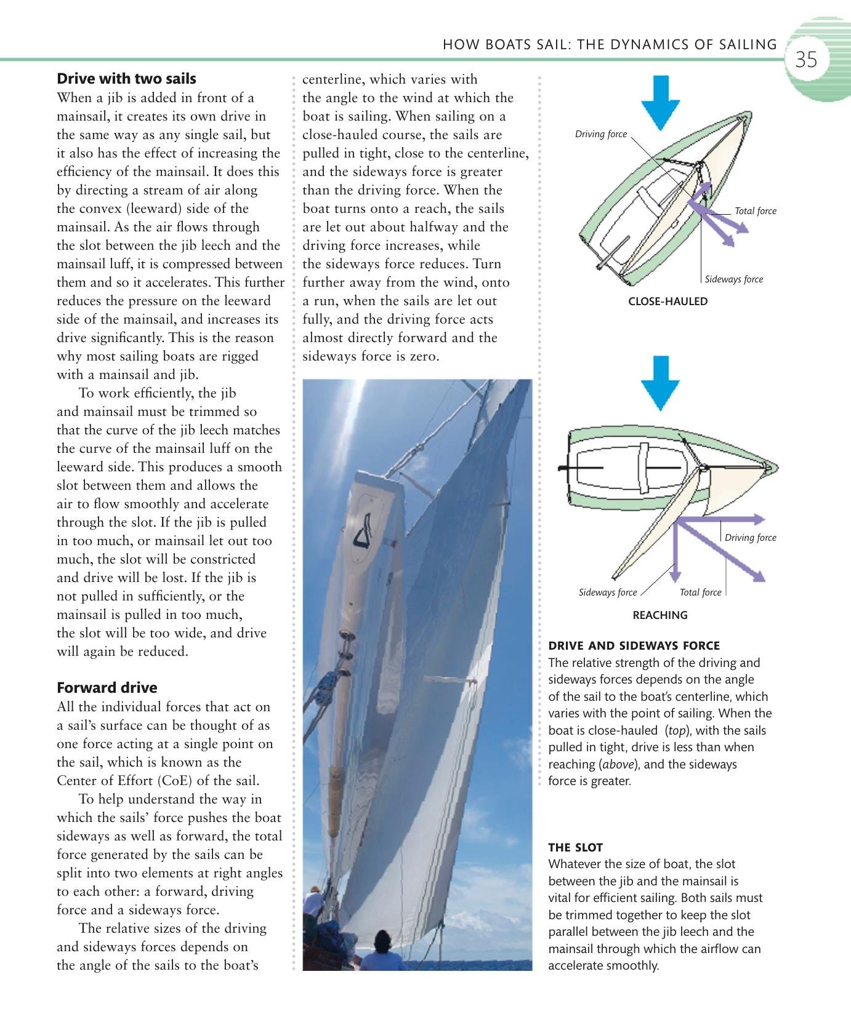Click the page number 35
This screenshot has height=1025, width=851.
pyautogui.click(x=806, y=60)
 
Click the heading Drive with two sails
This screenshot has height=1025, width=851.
pyautogui.click(x=126, y=79)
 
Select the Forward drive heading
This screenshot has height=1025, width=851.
pyautogui.click(x=107, y=687)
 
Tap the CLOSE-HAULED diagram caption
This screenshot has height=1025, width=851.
pyautogui.click(x=667, y=301)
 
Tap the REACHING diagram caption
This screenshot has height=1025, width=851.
pyautogui.click(x=659, y=615)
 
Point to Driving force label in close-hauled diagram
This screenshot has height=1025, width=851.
pyautogui.click(x=600, y=134)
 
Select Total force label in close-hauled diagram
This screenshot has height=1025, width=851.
pyautogui.click(x=755, y=211)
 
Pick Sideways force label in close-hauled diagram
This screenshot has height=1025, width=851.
pyautogui.click(x=733, y=279)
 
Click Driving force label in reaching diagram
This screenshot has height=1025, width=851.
pyautogui.click(x=750, y=538)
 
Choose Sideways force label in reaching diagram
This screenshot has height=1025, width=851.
pyautogui.click(x=608, y=592)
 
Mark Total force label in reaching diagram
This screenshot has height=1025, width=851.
pyautogui.click(x=700, y=592)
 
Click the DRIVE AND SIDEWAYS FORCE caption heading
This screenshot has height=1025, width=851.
pyautogui.click(x=634, y=645)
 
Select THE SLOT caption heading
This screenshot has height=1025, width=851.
pyautogui.click(x=575, y=847)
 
